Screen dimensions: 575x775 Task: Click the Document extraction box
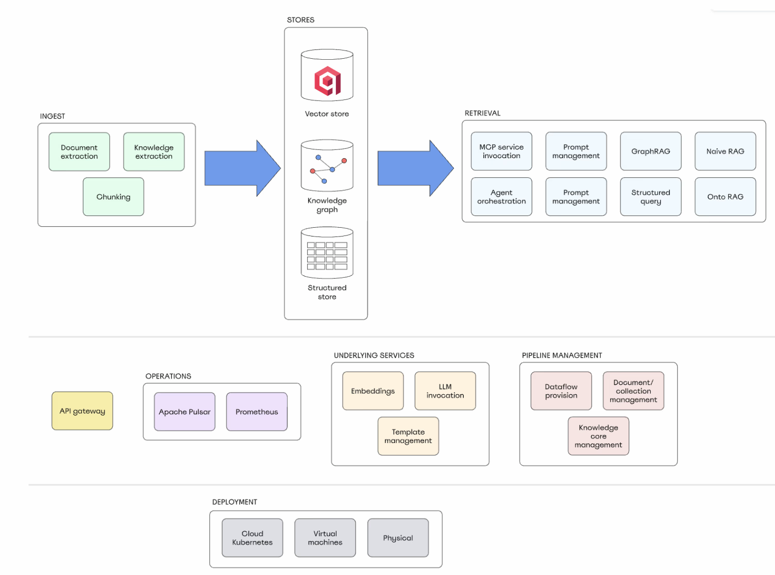(79, 151)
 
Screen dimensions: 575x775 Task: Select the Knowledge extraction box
(154, 151)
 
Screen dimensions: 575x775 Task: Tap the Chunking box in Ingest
(113, 197)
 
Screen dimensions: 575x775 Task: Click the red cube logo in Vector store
(327, 81)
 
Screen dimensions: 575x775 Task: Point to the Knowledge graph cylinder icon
(327, 166)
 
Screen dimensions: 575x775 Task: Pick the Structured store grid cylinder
(327, 253)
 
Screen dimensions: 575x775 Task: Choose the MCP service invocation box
(501, 151)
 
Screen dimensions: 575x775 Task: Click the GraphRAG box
(650, 151)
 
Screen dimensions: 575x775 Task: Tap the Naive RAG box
(725, 151)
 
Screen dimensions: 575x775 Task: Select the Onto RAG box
(725, 197)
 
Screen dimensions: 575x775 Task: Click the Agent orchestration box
(501, 197)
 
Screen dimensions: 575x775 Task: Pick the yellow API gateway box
(82, 411)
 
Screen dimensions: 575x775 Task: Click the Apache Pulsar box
(184, 412)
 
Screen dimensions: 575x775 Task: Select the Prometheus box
(257, 412)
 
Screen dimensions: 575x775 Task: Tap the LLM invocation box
(445, 391)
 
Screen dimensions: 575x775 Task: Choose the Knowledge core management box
(598, 436)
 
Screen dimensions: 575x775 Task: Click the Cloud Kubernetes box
(252, 538)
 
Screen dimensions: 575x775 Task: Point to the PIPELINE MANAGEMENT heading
(562, 356)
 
